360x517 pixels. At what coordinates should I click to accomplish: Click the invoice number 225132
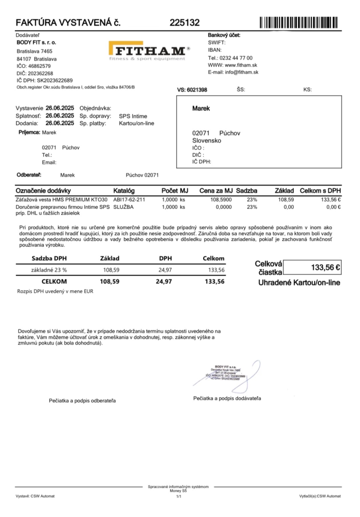[184, 23]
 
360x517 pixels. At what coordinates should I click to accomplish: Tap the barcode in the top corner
[299, 23]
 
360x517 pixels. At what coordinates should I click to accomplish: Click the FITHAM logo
[149, 51]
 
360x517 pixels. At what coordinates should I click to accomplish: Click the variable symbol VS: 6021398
[192, 90]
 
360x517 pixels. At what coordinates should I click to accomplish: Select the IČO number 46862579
[40, 66]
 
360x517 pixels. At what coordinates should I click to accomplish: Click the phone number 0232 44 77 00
[237, 58]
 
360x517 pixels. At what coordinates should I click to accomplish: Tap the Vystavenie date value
[60, 109]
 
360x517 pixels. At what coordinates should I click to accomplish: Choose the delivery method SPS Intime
[133, 116]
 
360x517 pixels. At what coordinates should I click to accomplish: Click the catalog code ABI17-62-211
[130, 199]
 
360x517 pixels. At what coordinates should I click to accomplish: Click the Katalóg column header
[123, 191]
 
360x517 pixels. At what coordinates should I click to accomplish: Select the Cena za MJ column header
[216, 191]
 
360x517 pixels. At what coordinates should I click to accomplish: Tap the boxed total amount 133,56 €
[312, 268]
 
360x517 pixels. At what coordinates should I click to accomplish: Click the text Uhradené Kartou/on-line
[299, 283]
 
